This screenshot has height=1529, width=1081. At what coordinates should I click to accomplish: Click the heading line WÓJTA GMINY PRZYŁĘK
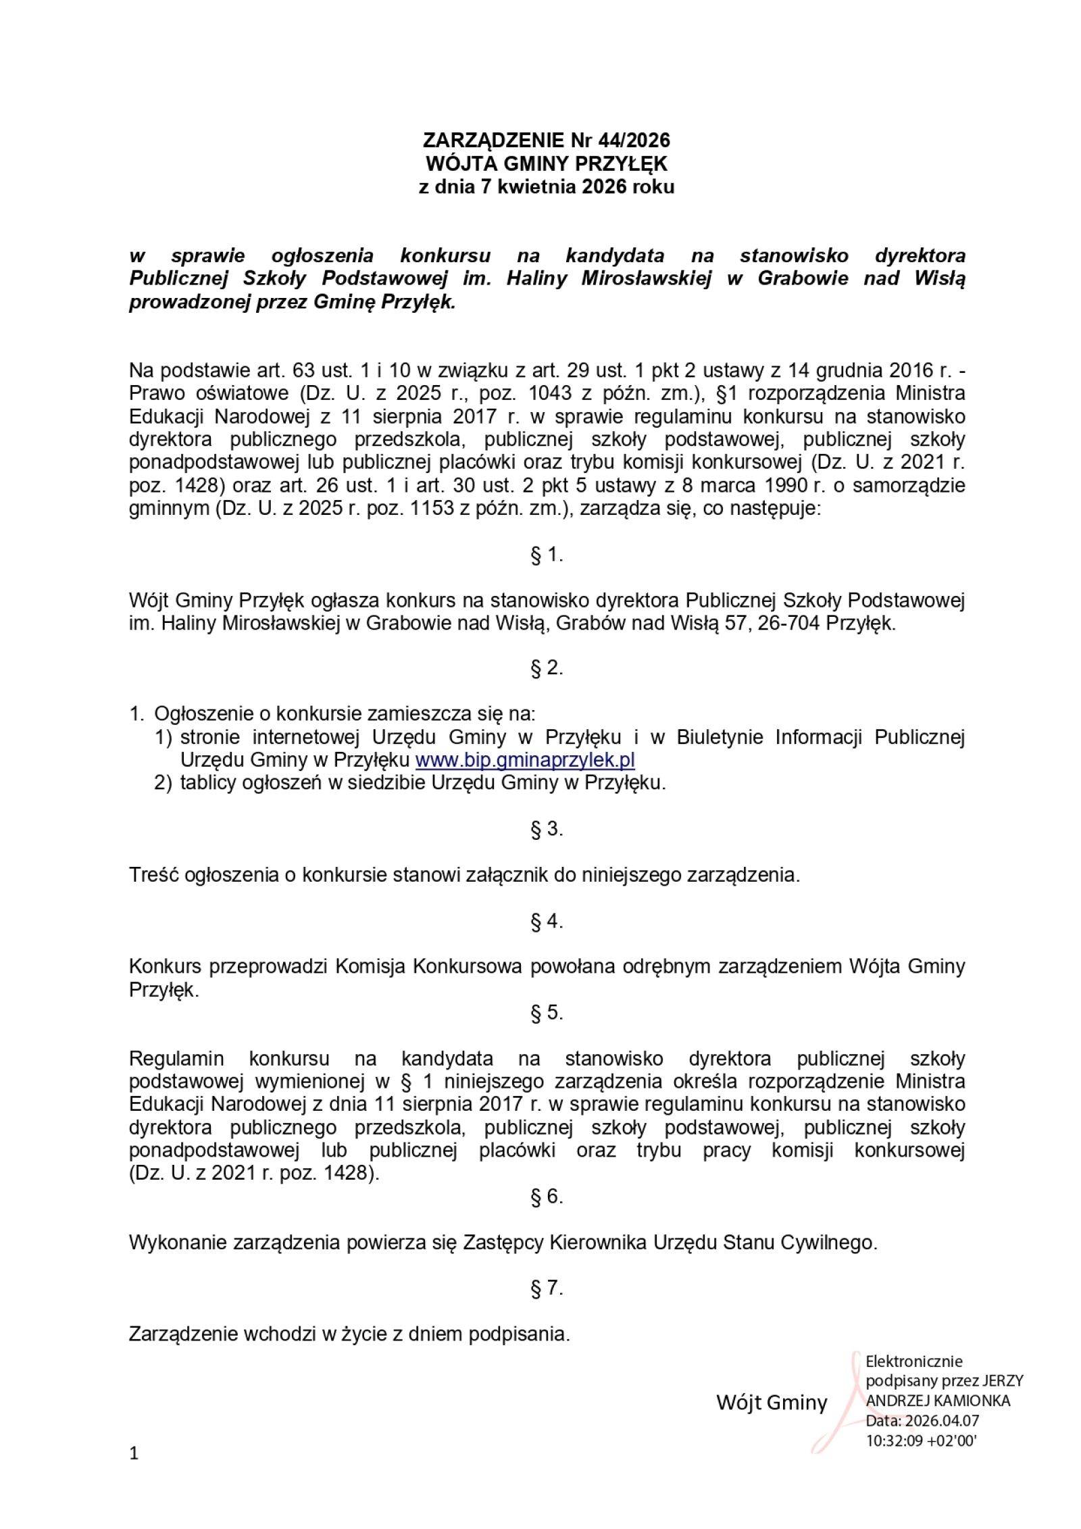point(546,164)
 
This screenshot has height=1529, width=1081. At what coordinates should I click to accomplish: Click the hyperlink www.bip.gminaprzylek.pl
point(525,760)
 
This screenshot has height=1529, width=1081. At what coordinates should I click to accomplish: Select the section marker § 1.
point(547,555)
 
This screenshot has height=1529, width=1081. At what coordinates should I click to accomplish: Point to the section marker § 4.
point(547,922)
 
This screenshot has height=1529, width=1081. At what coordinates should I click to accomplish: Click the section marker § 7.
point(547,1288)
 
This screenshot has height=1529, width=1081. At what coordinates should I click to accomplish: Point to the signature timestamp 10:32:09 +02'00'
point(922,1440)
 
